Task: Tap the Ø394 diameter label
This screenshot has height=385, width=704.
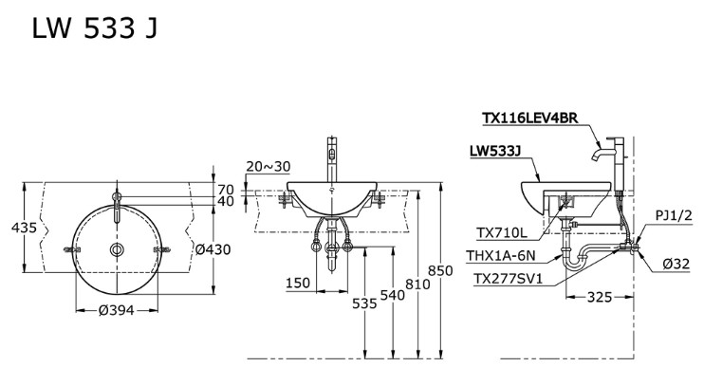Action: pos(116,309)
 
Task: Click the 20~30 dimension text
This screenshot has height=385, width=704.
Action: pos(268,166)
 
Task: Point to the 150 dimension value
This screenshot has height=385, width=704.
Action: pos(298,284)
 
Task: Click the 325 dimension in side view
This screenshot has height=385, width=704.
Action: pos(598,298)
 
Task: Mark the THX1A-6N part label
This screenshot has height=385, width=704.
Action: pos(502,255)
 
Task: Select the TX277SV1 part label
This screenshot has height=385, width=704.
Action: pos(509,278)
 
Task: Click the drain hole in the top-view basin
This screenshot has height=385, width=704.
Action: pos(116,249)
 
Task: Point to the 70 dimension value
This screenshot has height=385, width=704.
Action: pos(226,189)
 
